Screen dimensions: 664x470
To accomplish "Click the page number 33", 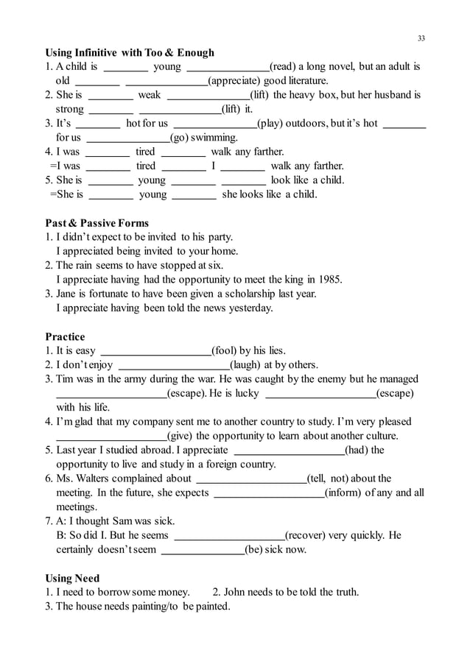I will pyautogui.click(x=421, y=38).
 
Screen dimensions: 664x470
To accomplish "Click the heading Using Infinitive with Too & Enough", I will pyautogui.click(x=130, y=52).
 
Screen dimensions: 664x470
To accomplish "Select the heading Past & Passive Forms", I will pyautogui.click(x=97, y=223).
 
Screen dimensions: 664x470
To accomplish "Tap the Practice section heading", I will pyautogui.click(x=65, y=336).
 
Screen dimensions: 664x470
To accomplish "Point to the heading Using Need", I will pyautogui.click(x=72, y=578).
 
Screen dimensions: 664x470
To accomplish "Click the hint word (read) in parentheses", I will pyautogui.click(x=283, y=67).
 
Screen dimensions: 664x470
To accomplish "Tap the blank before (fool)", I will pyautogui.click(x=155, y=351).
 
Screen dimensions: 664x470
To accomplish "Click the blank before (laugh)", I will pyautogui.click(x=174, y=365).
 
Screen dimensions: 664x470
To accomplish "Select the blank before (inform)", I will pyautogui.click(x=268, y=493).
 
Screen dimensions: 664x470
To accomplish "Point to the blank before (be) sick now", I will pyautogui.click(x=203, y=550).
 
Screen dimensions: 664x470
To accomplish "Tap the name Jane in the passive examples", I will pyautogui.click(x=68, y=294).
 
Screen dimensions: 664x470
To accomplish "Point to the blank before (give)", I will pyautogui.click(x=111, y=437).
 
